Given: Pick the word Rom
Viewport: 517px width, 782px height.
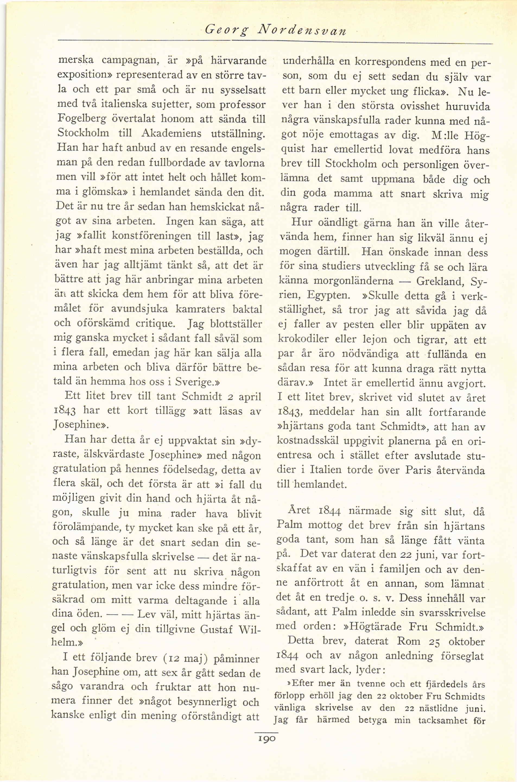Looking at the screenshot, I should point(408,641).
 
